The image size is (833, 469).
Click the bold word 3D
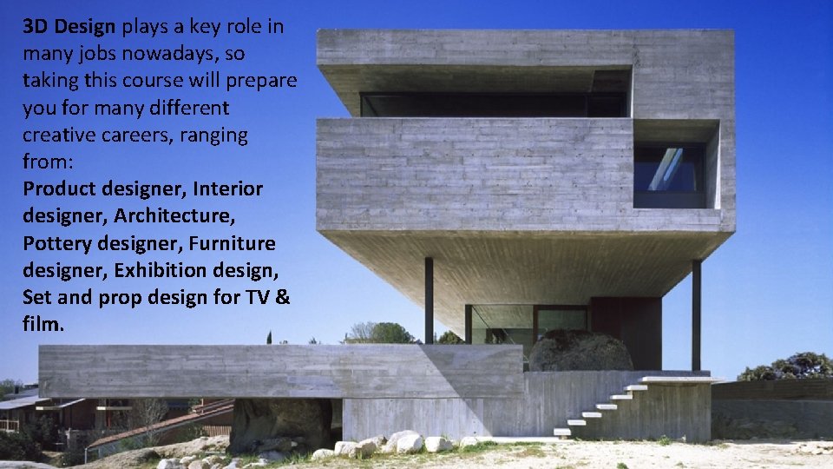(x=38, y=26)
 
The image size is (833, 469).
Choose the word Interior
(x=228, y=189)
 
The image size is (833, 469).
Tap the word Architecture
(x=175, y=216)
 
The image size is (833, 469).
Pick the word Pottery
(x=57, y=244)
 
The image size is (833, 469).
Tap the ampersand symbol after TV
(x=284, y=298)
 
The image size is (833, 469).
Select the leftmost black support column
(x=429, y=300)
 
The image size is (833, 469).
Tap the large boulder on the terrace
(x=580, y=352)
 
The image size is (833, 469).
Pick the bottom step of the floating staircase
(x=562, y=432)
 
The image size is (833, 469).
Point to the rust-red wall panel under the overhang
(x=626, y=329)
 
